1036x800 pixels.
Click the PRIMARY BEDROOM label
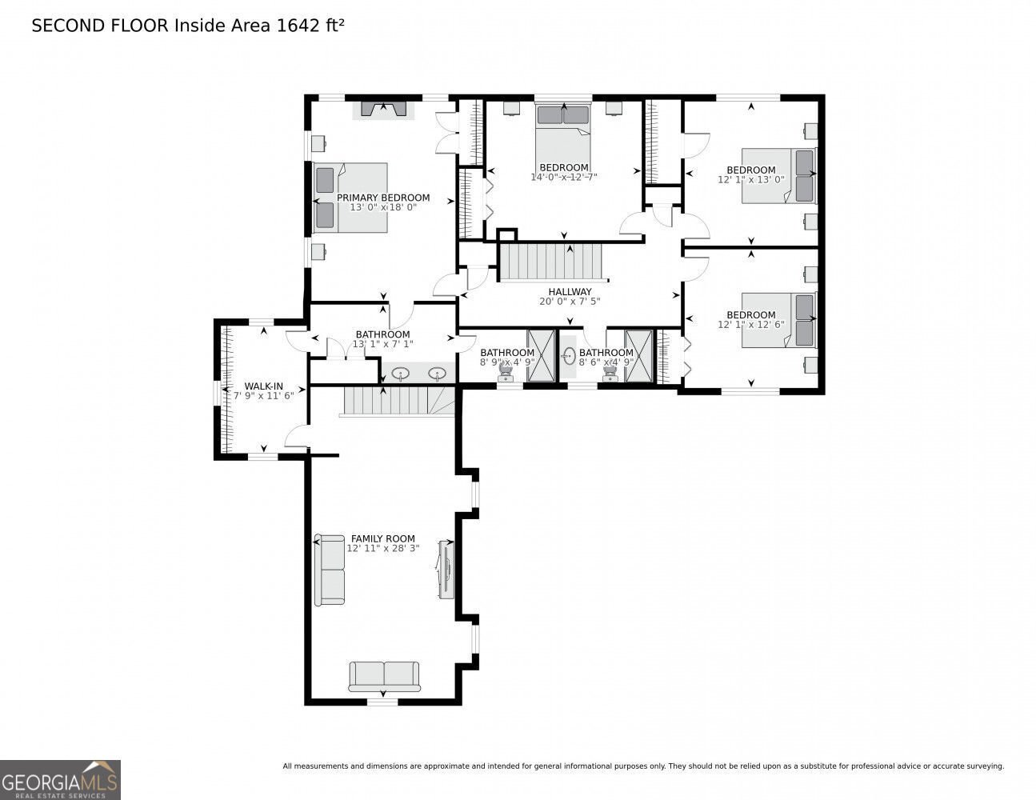(382, 198)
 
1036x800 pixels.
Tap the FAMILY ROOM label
(382, 538)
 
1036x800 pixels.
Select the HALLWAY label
(570, 292)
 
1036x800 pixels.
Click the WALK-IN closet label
(263, 386)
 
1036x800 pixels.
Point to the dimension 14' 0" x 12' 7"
(564, 178)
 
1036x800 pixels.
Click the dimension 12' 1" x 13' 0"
(750, 181)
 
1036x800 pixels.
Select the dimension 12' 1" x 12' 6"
(750, 326)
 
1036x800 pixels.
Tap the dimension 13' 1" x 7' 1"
(382, 345)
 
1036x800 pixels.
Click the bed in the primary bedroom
(351, 198)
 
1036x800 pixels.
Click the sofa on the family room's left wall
(330, 570)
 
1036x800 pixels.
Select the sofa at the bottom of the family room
(384, 676)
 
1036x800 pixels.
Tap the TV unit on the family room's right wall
(446, 569)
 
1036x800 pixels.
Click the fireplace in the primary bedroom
(383, 109)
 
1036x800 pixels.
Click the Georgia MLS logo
(60, 780)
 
